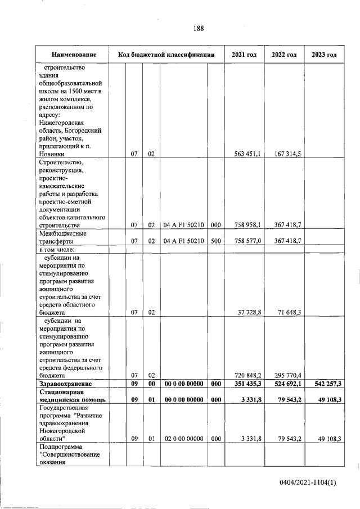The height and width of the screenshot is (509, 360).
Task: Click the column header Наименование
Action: [x=74, y=55]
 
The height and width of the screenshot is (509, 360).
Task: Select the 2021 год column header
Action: [x=244, y=55]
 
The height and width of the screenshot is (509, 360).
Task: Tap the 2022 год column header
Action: [x=284, y=55]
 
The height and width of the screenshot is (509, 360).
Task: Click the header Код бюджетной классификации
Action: [x=167, y=55]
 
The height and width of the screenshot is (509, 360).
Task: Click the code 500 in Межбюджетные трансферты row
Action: [x=215, y=241]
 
